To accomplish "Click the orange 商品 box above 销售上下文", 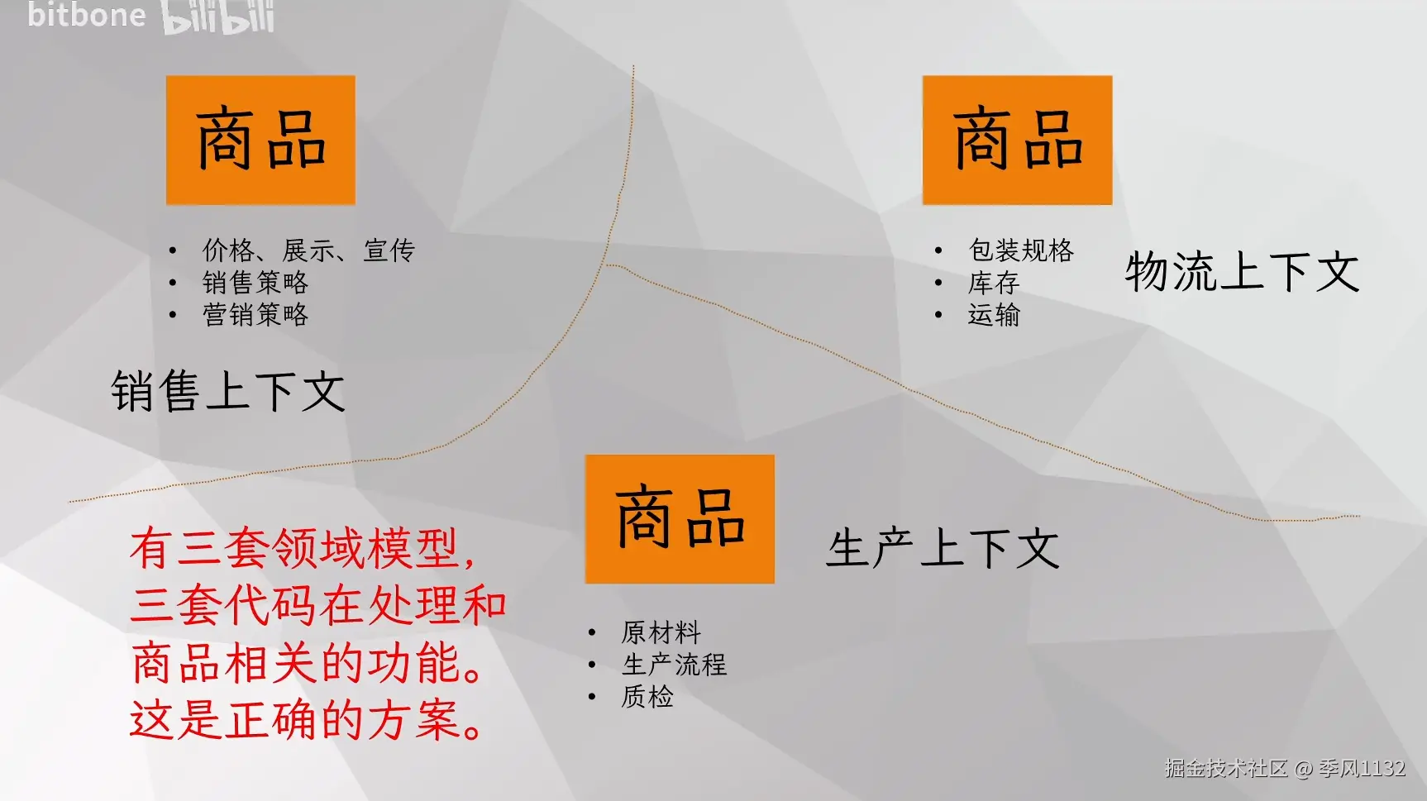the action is [260, 140].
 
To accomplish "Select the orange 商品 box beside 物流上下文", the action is [1017, 140].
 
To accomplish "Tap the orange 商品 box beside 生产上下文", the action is [680, 519].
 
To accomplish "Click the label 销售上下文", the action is [228, 391].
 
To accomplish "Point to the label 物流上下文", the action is [1242, 271].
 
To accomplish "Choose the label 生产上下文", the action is [943, 548].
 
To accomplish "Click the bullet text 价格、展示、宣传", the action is [308, 250].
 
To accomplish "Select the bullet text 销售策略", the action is [255, 282].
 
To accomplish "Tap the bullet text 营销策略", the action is [255, 314].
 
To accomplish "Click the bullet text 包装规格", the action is [1021, 250].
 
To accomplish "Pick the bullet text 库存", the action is [994, 283].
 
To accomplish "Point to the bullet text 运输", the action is [994, 314].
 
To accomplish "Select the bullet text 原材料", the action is [661, 632].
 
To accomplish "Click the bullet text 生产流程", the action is [674, 665].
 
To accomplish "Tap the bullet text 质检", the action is [647, 697].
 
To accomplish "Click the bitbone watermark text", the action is [86, 14].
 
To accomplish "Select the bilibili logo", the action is [218, 17].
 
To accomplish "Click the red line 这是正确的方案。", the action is [306, 720].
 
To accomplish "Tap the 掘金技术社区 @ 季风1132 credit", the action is [1285, 769].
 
